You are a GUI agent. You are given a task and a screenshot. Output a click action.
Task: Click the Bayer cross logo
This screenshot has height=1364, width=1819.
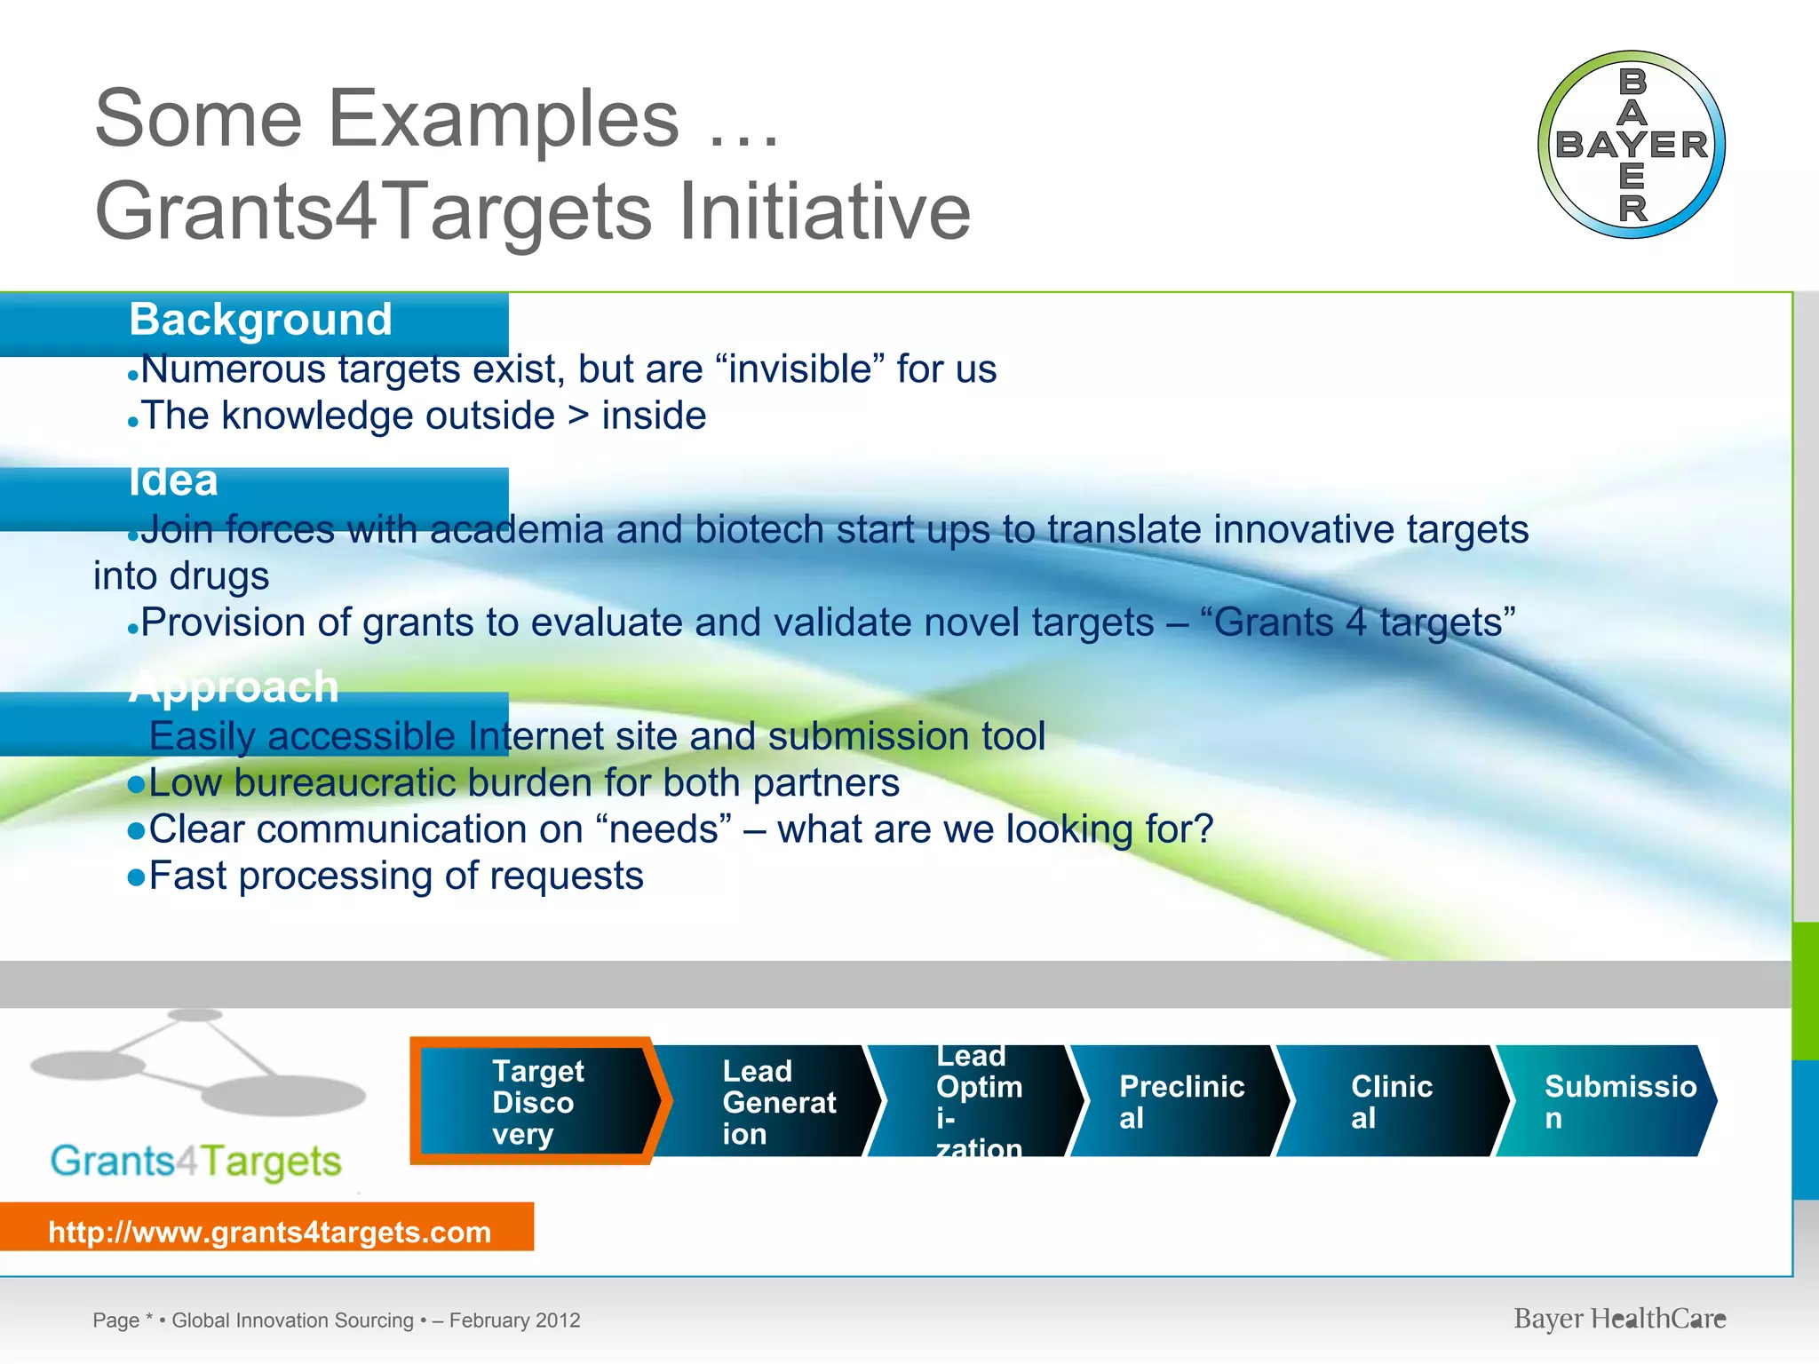coord(1632,145)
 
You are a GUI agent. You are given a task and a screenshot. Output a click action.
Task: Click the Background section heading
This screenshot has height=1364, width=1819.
coord(260,320)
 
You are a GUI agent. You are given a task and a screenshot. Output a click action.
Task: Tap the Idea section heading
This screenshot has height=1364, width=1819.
coord(173,482)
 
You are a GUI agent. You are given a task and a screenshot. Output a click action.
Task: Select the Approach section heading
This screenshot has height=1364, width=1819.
coord(234,687)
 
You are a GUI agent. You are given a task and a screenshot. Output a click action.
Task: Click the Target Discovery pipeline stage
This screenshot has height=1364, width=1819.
coord(538,1102)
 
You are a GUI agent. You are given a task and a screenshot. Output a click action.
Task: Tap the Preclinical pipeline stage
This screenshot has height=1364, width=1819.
coord(1180,1102)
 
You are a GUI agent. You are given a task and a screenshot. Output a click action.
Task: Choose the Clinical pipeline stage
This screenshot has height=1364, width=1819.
coord(1391,1102)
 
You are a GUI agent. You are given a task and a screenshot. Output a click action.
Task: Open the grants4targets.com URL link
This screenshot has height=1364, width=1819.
coord(269,1232)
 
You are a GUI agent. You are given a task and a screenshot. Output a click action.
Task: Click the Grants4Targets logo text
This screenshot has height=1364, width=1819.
coord(195,1162)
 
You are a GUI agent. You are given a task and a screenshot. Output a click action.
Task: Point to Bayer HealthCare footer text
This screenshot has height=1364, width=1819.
coord(1619,1319)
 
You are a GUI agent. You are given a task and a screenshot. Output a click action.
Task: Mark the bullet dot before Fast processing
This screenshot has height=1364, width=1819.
coord(136,878)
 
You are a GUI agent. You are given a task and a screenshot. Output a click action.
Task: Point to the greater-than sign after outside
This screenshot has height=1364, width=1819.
coord(578,416)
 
